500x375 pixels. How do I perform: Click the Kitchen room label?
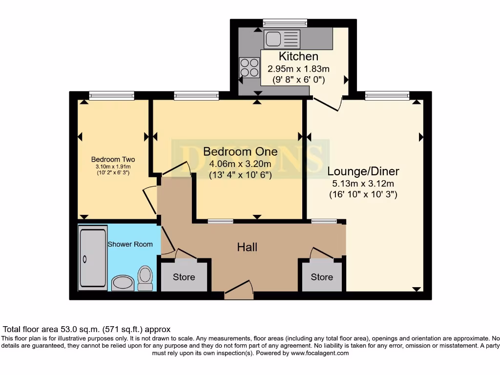click(x=298, y=56)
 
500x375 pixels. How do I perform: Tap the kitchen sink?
click(x=282, y=39)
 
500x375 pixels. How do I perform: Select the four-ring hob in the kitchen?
click(x=250, y=67)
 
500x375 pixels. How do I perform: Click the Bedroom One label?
click(x=240, y=151)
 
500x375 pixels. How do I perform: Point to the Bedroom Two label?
click(x=113, y=159)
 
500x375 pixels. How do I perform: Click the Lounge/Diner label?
click(x=363, y=171)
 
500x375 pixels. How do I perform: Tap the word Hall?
click(x=247, y=247)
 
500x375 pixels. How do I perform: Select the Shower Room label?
click(x=130, y=244)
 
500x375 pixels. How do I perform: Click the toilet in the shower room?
click(x=145, y=278)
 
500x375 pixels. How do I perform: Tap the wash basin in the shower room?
click(x=123, y=283)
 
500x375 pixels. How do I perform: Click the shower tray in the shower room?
click(x=93, y=258)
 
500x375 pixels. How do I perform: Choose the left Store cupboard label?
click(x=184, y=277)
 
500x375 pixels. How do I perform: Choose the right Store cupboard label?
click(x=322, y=277)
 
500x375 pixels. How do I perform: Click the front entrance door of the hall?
click(x=239, y=290)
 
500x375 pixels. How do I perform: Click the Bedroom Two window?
click(x=112, y=95)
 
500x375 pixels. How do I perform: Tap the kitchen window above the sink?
click(x=285, y=23)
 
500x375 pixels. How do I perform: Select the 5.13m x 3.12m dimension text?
click(x=363, y=184)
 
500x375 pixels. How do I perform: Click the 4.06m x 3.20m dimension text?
click(x=240, y=164)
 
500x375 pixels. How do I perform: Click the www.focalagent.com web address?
click(x=320, y=353)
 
